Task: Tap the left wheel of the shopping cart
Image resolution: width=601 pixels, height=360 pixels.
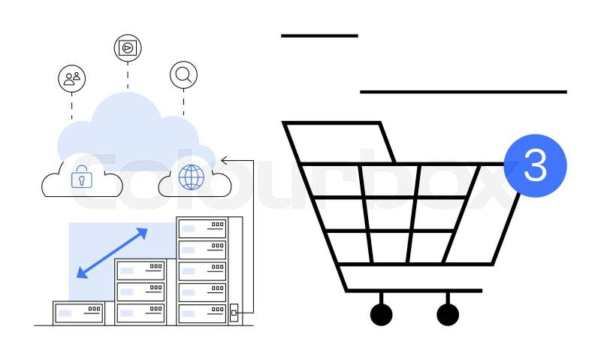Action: [382, 314]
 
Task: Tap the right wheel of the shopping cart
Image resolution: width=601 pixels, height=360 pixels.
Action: [448, 314]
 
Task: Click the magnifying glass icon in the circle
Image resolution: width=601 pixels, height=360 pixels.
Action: [183, 74]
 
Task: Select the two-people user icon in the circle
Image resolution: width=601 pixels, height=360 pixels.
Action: [72, 77]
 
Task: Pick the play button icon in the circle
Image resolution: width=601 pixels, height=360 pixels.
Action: [128, 48]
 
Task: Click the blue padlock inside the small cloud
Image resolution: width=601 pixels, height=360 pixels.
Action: [81, 179]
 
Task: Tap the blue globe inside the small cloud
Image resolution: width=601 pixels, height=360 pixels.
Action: [192, 177]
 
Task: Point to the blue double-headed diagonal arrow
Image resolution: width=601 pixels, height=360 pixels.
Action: [112, 253]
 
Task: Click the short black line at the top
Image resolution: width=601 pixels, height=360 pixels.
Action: [319, 35]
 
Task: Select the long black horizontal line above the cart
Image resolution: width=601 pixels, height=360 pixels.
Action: [463, 92]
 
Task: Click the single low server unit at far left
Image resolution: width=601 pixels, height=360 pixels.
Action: [78, 313]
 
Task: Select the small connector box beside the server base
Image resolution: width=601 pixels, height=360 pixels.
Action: [234, 311]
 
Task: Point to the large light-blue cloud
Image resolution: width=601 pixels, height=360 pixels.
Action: [128, 128]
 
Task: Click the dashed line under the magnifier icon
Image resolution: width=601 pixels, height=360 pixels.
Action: [183, 101]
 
